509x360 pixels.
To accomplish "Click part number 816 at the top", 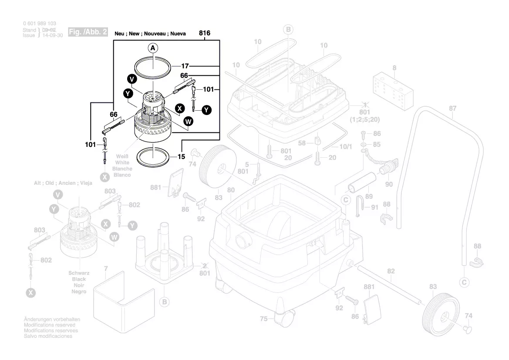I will tap(205, 33).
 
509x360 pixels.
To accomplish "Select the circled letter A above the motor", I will tap(153, 48).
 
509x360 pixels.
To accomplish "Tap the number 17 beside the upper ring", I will tap(185, 66).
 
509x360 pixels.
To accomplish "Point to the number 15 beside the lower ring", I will tap(181, 156).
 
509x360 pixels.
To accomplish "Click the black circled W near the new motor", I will tap(188, 122).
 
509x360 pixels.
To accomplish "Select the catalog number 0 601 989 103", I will tap(39, 24).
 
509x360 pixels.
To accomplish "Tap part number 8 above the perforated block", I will tap(394, 68).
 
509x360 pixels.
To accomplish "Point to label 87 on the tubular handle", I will tap(453, 108).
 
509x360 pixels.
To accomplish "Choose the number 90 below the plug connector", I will tap(389, 184).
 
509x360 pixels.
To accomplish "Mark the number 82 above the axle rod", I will tap(391, 271).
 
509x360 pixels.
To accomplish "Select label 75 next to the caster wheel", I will tap(263, 319).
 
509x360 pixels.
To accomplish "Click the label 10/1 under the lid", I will tap(345, 147).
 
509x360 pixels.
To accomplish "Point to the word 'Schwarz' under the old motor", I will tap(79, 273).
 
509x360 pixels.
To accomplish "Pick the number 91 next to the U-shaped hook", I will tap(375, 207).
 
